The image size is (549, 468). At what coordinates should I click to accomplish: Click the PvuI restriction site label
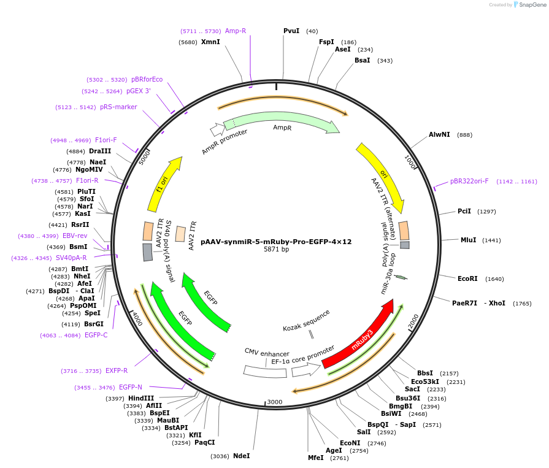click(x=291, y=31)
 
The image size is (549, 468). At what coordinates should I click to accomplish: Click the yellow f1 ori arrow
click(x=164, y=184)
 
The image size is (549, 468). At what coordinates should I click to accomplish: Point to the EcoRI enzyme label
click(x=467, y=278)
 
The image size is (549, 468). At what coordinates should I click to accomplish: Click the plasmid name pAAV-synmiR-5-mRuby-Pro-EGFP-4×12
click(x=276, y=242)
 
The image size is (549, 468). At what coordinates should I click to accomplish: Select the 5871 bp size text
click(x=276, y=250)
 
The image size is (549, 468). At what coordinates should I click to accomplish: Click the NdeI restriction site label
click(x=242, y=456)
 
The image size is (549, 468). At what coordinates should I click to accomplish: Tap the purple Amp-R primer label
click(x=236, y=31)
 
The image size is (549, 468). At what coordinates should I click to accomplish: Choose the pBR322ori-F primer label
click(x=469, y=181)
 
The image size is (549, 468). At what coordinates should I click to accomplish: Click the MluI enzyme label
click(x=468, y=240)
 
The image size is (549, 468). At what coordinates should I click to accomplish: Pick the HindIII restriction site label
click(x=141, y=398)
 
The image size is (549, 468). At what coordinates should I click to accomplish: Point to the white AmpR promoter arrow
click(x=217, y=129)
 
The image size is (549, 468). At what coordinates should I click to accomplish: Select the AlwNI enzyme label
click(x=439, y=134)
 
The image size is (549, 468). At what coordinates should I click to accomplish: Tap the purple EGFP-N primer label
click(x=131, y=387)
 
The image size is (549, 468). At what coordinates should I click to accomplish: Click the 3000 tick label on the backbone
click(x=274, y=402)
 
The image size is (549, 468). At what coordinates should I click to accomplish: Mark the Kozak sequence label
click(x=306, y=320)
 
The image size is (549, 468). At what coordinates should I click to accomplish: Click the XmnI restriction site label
click(x=210, y=42)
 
